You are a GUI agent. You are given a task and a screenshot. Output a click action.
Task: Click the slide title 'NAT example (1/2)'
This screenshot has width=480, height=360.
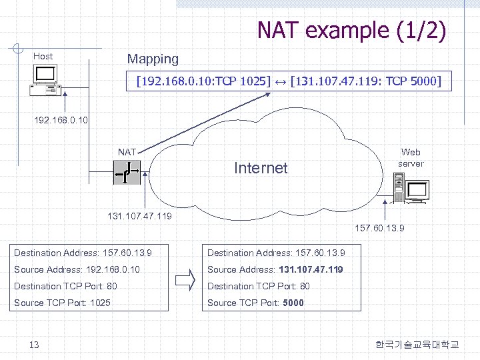click(351, 30)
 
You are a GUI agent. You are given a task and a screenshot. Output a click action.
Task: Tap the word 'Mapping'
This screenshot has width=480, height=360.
click(153, 59)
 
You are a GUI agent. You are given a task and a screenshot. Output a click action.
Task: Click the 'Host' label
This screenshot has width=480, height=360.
click(43, 57)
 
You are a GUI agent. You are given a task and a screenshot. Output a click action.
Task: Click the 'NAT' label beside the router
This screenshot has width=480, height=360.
click(127, 153)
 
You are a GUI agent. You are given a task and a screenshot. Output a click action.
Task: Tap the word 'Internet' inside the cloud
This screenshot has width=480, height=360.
click(261, 168)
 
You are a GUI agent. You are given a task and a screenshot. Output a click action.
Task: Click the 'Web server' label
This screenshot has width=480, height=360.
click(410, 158)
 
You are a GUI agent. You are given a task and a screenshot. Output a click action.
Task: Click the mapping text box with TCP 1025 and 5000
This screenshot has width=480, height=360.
click(289, 82)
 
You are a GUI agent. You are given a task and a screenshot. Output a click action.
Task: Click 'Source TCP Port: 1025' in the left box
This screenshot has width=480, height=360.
click(62, 303)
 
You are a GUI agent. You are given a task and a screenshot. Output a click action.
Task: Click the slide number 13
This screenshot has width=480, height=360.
click(35, 345)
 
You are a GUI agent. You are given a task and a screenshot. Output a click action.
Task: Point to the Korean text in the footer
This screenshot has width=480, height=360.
click(417, 345)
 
